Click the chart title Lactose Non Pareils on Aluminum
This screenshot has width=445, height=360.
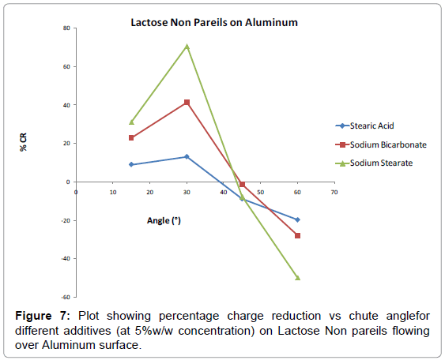[x=214, y=22]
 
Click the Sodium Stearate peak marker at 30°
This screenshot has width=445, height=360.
[x=187, y=47]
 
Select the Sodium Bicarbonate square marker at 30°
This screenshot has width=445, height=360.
[x=187, y=102]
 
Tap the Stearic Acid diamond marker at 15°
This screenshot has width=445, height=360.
[x=131, y=164]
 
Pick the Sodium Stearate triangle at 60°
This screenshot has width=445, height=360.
[x=297, y=278]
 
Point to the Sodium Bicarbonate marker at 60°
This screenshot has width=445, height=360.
[x=297, y=235]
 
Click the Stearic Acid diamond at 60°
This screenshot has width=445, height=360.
[x=297, y=219]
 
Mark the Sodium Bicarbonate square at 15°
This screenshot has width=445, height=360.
[x=131, y=138]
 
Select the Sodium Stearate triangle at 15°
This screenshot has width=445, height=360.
[x=131, y=122]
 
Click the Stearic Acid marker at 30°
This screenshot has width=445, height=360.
[x=187, y=157]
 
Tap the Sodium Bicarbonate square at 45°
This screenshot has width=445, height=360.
[x=242, y=184]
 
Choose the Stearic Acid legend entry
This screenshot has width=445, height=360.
[x=364, y=126]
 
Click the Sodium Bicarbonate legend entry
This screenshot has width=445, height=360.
[x=381, y=144]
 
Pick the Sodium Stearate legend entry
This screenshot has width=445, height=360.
[x=374, y=163]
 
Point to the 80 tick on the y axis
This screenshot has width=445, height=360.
[x=66, y=28]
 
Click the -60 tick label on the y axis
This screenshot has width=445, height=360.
[x=66, y=297]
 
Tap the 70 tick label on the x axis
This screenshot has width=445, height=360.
[x=334, y=192]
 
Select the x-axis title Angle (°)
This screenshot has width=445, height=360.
[x=164, y=220]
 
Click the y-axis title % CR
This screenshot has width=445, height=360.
[x=23, y=142]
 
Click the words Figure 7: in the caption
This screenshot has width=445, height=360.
[x=43, y=316]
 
